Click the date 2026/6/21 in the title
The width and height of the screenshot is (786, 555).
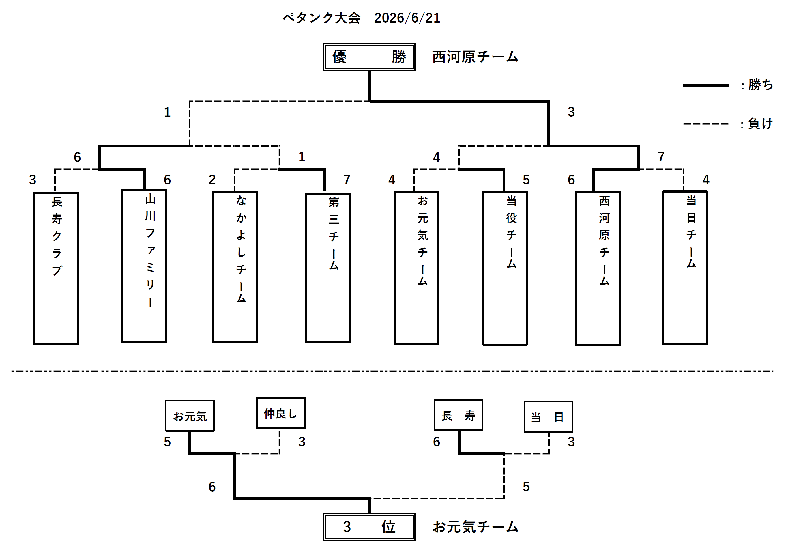pyautogui.click(x=407, y=18)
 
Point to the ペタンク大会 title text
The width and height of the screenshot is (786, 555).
pyautogui.click(x=321, y=18)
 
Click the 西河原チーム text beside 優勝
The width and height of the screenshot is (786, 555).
pyautogui.click(x=475, y=57)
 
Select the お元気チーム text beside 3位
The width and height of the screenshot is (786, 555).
pyautogui.click(x=475, y=527)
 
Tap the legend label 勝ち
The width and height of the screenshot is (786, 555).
pyautogui.click(x=760, y=85)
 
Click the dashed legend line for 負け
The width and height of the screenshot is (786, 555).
pyautogui.click(x=705, y=124)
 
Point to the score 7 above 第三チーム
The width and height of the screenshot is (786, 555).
pyautogui.click(x=347, y=180)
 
